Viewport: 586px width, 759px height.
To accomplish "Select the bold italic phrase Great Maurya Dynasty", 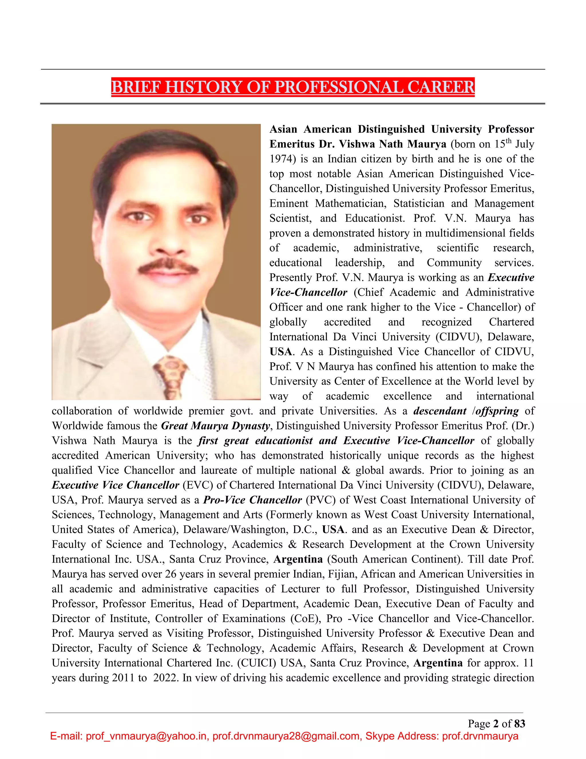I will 215,426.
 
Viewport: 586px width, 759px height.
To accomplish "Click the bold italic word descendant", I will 439,411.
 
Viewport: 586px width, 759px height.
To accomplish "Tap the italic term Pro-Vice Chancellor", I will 252,500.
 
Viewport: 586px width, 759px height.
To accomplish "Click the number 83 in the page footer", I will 520,723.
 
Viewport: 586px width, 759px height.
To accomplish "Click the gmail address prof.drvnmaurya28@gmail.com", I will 286,736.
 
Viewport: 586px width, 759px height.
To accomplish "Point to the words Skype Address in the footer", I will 402,736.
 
